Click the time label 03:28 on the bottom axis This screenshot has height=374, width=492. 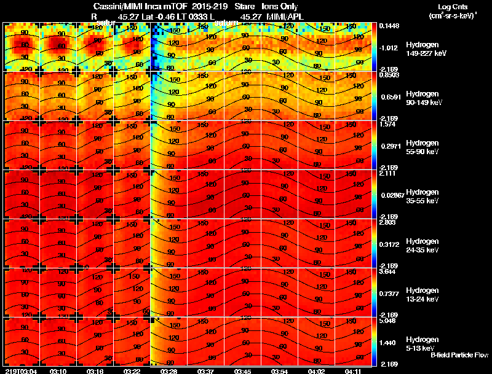(x=169, y=371)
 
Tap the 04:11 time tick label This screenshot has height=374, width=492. (x=352, y=371)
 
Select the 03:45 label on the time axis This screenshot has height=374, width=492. (x=242, y=371)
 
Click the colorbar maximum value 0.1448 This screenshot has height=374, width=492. (x=389, y=26)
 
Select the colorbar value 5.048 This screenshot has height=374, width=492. (x=388, y=320)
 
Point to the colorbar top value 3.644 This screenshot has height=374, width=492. (x=388, y=271)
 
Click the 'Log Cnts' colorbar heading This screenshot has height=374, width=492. (x=451, y=7)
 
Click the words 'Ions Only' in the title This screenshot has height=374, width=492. (x=280, y=7)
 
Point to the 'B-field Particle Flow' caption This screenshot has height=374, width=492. (x=459, y=355)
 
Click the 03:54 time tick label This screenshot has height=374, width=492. (x=279, y=371)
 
